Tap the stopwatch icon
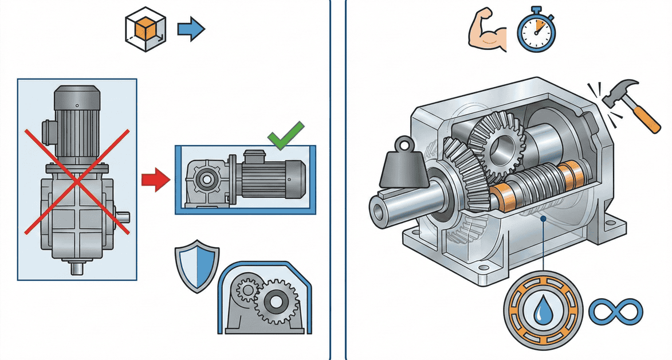[537, 30]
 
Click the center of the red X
[77, 182]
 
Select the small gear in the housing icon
[248, 291]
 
